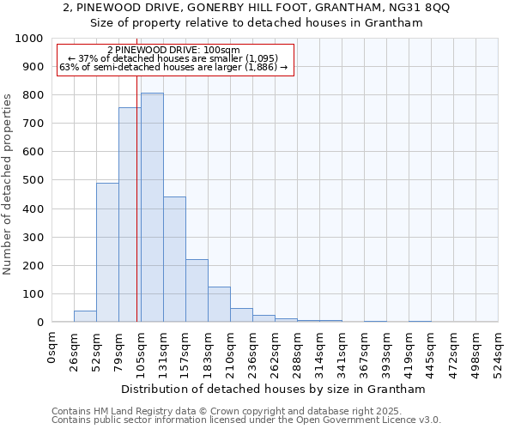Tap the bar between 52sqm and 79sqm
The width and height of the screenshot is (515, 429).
click(x=107, y=252)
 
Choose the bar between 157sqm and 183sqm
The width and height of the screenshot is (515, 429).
click(x=197, y=291)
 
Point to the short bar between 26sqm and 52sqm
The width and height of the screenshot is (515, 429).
click(x=85, y=317)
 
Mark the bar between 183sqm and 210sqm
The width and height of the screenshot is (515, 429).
click(x=219, y=305)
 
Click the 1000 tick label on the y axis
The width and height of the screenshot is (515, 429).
click(x=29, y=39)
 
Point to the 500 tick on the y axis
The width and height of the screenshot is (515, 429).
click(x=33, y=180)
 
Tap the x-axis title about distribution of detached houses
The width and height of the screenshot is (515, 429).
click(x=274, y=389)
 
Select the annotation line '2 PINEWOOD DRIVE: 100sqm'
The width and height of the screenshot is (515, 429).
click(x=174, y=51)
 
